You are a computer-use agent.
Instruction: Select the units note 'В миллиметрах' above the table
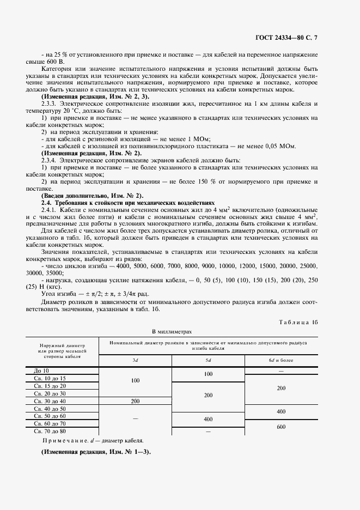[172, 331]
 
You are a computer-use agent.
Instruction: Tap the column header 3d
[135, 361]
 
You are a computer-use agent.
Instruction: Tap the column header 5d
[208, 361]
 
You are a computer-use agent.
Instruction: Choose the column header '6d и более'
[280, 361]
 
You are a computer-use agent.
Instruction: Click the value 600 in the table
[280, 427]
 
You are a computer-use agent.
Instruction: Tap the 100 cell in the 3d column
[135, 380]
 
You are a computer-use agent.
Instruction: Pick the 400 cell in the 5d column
[208, 420]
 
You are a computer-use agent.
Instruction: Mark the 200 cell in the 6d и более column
[280, 388]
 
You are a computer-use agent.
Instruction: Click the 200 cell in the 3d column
[135, 400]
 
